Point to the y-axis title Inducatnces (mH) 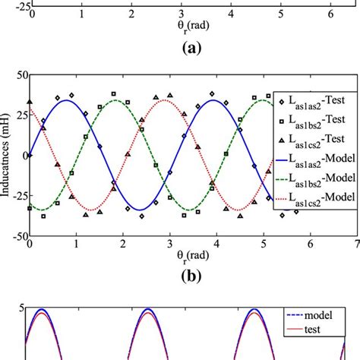click(x=7, y=156)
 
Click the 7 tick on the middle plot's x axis click(x=355, y=243)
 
